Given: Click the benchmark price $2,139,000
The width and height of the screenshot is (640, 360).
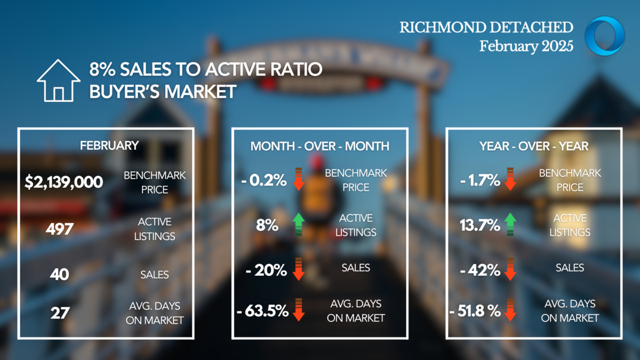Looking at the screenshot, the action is (x=63, y=182).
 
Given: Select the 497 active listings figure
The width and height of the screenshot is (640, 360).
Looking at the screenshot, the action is (x=60, y=229).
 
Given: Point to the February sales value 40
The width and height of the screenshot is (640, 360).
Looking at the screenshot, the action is (x=59, y=275).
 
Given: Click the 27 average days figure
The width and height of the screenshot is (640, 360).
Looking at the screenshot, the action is (x=60, y=313).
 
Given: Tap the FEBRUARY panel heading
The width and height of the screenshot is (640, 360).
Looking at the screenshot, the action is (x=109, y=146).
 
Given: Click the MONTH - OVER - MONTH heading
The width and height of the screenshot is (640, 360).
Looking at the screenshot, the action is (x=319, y=146).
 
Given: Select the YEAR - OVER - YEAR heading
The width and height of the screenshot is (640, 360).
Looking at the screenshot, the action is (x=534, y=146).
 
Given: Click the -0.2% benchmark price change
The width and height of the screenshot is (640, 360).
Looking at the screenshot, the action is (x=263, y=180).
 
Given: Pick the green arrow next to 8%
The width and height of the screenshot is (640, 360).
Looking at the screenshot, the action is (x=299, y=225).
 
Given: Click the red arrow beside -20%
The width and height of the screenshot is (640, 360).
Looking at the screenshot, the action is (x=299, y=269).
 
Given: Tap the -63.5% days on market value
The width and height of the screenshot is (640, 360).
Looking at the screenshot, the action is (x=262, y=311).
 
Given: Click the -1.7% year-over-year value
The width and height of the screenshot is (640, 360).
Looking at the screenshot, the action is (x=480, y=180).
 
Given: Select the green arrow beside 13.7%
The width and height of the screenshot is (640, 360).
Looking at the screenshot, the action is (x=510, y=225).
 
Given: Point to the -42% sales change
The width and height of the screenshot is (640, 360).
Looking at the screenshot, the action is (x=480, y=270).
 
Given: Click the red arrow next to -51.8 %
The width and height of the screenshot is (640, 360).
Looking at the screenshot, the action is (x=510, y=310).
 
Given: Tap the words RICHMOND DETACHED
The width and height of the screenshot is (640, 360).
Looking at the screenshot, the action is (x=486, y=27).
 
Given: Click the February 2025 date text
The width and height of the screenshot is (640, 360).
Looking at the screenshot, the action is (x=526, y=46).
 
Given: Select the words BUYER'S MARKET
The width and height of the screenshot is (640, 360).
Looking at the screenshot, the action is (x=163, y=91).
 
